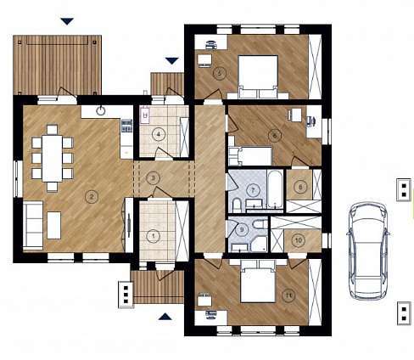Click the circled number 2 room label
92,196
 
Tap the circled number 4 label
159,134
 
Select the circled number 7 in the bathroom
253,190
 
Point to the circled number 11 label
288,295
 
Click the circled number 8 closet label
300,187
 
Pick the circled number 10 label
299,240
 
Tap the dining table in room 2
53,159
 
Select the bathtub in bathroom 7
275,188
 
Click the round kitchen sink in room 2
101,110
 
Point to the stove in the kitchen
127,126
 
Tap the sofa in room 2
33,226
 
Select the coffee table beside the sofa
54,225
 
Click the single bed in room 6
250,156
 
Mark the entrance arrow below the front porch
165,317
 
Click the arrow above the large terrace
67,21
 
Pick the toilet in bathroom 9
260,224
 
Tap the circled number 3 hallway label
154,178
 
